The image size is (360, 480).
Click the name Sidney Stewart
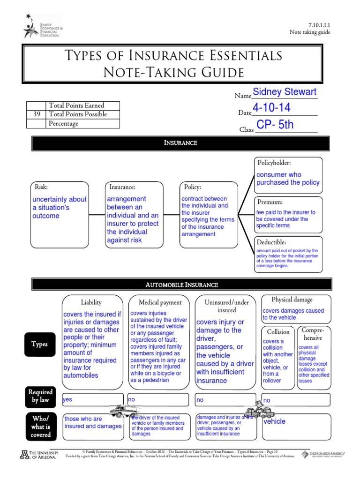tap(285, 92)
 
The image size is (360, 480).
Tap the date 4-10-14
tap(271, 108)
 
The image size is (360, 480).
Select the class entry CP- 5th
tap(275, 125)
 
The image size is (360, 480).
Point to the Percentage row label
tap(63, 124)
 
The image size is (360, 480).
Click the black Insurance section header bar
tap(180, 143)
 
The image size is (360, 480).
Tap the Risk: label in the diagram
tap(42, 187)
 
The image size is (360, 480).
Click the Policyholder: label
tap(274, 163)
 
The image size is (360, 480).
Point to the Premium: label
tap(270, 202)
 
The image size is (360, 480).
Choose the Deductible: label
tap(272, 242)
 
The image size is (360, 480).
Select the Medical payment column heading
tap(160, 303)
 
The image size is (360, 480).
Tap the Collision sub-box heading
tap(278, 332)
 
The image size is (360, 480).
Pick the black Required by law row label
tap(40, 396)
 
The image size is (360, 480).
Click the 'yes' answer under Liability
tap(67, 400)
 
